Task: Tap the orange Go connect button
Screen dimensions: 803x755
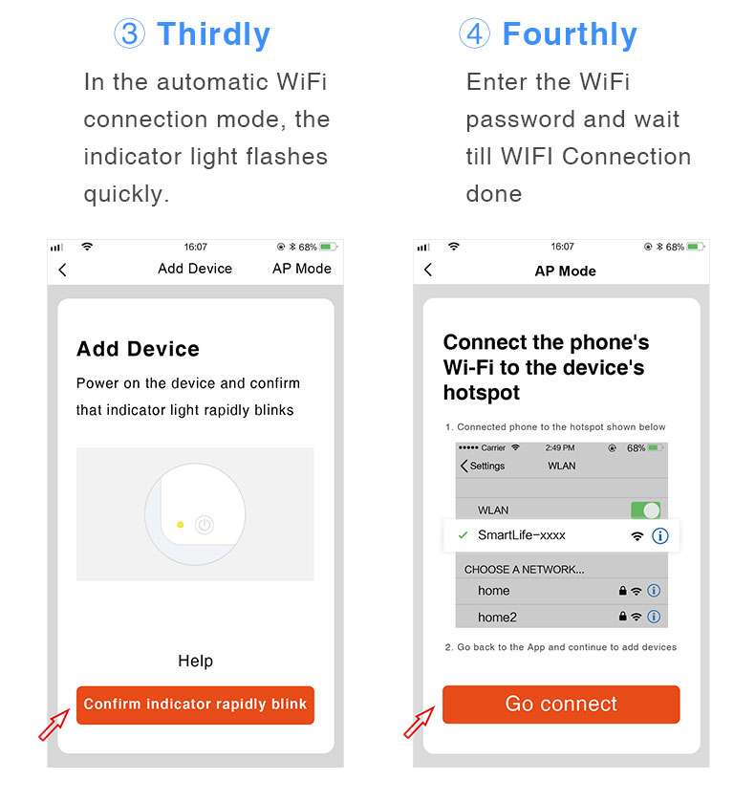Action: pyautogui.click(x=561, y=705)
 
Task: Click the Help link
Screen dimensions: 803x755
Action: pyautogui.click(x=195, y=661)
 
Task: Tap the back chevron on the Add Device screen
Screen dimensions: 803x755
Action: pyautogui.click(x=62, y=270)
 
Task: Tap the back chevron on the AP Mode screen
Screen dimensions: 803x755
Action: pyautogui.click(x=428, y=271)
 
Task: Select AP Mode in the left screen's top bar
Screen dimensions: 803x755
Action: pyautogui.click(x=301, y=269)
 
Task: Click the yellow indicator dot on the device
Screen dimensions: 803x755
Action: pyautogui.click(x=180, y=524)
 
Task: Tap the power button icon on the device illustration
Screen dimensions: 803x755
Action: pyautogui.click(x=204, y=524)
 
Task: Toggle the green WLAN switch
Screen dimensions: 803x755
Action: pyautogui.click(x=645, y=510)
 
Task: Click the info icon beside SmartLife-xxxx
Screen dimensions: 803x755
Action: pyautogui.click(x=659, y=536)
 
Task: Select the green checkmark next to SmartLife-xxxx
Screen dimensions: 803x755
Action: pyautogui.click(x=463, y=535)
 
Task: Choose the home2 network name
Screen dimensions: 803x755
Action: pyautogui.click(x=497, y=618)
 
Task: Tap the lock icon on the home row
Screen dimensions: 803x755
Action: pyautogui.click(x=623, y=591)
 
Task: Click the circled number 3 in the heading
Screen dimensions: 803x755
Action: pyautogui.click(x=130, y=35)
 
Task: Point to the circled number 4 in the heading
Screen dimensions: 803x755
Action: pyautogui.click(x=475, y=35)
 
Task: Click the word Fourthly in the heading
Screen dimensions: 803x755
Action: pyautogui.click(x=570, y=35)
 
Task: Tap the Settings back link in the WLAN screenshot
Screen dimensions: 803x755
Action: pyautogui.click(x=484, y=467)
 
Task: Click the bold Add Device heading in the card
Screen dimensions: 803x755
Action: pyautogui.click(x=138, y=349)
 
